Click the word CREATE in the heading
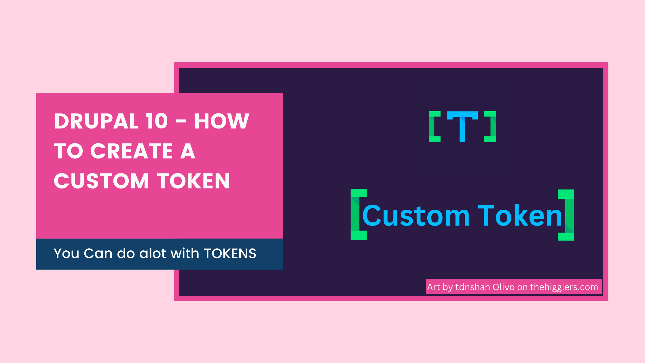point(132,151)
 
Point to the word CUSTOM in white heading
point(101,181)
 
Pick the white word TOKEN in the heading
point(193,181)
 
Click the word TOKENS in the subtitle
point(230,254)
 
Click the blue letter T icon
point(462,126)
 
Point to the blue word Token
point(520,215)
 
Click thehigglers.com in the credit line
point(564,287)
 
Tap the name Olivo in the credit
point(504,287)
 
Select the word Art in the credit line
point(434,287)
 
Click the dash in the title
point(181,122)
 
